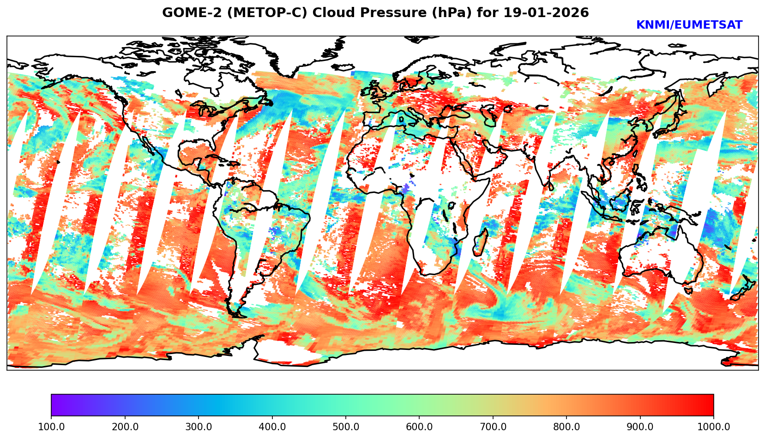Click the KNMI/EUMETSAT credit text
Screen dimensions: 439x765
click(689, 25)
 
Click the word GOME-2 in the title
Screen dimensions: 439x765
click(187, 13)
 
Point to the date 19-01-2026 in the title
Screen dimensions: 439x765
click(546, 13)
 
